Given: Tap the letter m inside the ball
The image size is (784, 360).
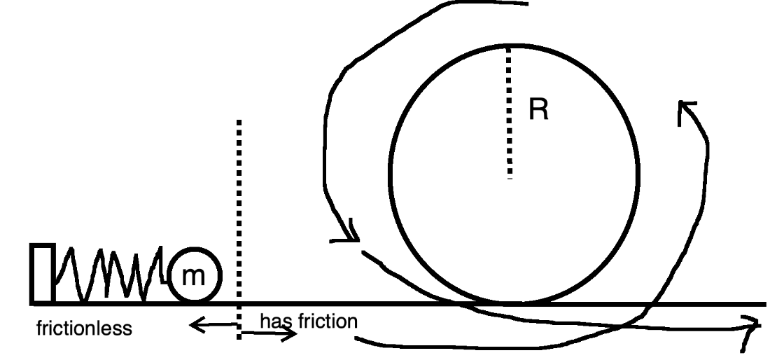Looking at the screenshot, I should point(193,276).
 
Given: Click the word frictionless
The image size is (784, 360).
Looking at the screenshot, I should point(84,328).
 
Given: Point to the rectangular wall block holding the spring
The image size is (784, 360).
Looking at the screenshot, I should point(42,274).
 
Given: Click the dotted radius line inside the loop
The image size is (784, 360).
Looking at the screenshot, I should point(510,112).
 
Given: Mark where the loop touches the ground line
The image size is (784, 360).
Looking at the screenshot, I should point(513,303).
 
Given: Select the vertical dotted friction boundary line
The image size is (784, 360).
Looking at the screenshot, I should point(239,210).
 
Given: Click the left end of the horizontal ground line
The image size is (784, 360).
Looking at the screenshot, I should point(32,303).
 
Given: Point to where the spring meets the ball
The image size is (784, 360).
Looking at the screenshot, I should point(168,277).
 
